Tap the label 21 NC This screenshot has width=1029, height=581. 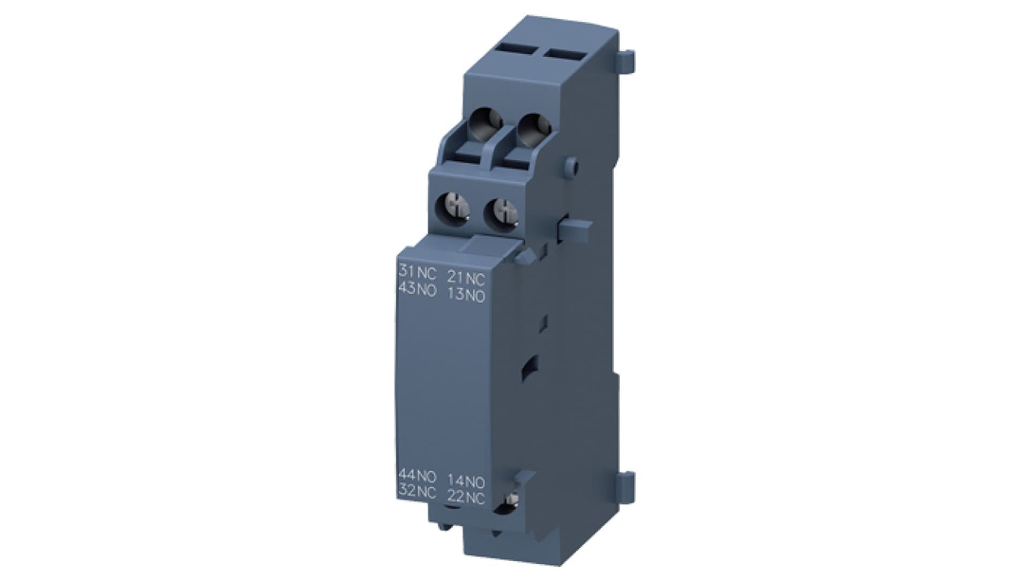point(466,278)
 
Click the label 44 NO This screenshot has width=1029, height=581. point(417,475)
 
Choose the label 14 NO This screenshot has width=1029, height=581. point(466,481)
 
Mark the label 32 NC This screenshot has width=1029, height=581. point(417,491)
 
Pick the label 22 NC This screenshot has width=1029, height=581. point(466,498)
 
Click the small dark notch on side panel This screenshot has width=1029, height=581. point(528,369)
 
